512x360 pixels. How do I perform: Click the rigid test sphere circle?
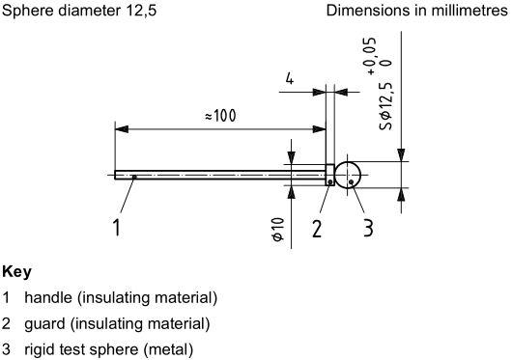pos(348,175)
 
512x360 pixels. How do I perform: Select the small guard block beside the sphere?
pos(329,175)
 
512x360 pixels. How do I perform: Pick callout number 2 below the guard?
pos(316,228)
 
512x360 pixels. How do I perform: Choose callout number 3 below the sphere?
pos(368,228)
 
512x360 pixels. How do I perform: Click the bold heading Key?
pos(16,272)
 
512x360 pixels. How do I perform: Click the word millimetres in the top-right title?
pos(462,12)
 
